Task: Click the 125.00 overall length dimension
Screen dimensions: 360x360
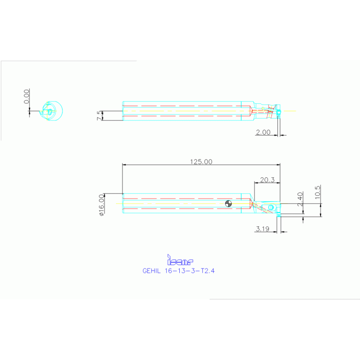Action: [x=201, y=161]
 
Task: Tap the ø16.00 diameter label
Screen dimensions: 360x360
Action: [x=101, y=205]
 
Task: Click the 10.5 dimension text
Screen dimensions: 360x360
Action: [x=318, y=193]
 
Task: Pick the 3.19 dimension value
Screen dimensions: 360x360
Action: [x=263, y=229]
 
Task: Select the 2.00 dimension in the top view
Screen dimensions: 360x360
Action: [x=263, y=132]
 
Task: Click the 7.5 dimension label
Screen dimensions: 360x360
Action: [x=99, y=115]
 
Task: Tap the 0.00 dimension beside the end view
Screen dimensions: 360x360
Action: [x=27, y=96]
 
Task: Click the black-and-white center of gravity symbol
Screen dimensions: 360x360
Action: [x=229, y=203]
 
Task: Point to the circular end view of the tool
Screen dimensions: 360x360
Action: [x=53, y=110]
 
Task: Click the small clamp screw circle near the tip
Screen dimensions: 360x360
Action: [x=271, y=207]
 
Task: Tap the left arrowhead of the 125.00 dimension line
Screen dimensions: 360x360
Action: [x=124, y=165]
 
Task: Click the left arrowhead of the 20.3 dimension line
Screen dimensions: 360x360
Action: [x=255, y=183]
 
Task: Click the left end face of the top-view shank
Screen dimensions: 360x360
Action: [x=123, y=111]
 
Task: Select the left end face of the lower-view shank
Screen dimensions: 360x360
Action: [x=123, y=204]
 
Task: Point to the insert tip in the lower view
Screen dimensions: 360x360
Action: [x=279, y=214]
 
